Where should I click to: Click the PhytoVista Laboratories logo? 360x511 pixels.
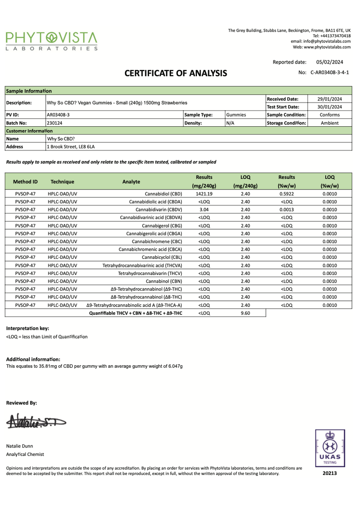click(x=52, y=41)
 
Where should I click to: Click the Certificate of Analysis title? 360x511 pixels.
click(x=176, y=73)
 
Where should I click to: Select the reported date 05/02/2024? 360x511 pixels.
click(x=329, y=62)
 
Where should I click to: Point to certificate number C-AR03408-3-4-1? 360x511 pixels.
click(x=330, y=72)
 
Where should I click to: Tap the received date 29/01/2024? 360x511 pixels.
click(x=330, y=99)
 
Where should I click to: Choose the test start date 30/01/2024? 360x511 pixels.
click(x=330, y=107)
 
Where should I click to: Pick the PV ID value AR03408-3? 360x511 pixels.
click(x=58, y=115)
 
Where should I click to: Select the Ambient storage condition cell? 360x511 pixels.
click(x=330, y=123)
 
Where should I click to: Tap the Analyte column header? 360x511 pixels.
click(x=131, y=181)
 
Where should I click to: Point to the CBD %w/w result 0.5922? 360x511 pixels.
click(x=287, y=194)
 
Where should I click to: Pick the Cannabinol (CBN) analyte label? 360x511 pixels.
click(x=163, y=281)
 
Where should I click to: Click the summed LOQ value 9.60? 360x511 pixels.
click(x=245, y=313)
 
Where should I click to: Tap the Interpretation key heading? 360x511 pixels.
click(x=28, y=328)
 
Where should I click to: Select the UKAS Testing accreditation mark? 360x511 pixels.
click(x=329, y=448)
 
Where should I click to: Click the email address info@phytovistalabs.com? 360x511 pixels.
click(x=321, y=41)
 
